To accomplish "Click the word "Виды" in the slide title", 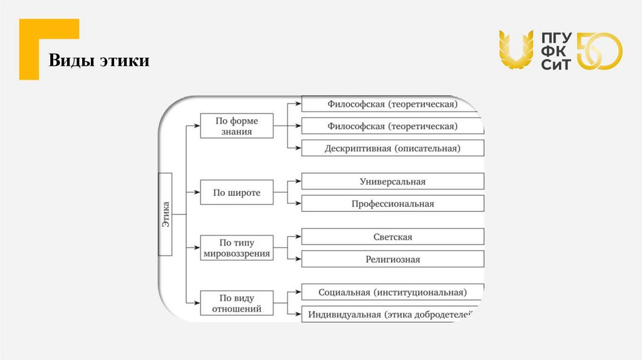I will pos(71,61).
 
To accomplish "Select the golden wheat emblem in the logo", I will pos(515,50).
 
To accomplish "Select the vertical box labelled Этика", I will pos(166,214).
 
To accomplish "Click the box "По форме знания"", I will pos(236,126).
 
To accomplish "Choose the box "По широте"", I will pos(236,193).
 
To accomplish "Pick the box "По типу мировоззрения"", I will pos(236,248).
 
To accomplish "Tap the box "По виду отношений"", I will pos(236,303).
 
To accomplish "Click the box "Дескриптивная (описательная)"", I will pos(392,149).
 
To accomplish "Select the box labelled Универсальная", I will pos(392,182).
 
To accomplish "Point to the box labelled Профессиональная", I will pos(392,204).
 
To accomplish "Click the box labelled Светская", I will pos(392,237).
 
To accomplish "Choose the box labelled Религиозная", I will pos(392,259).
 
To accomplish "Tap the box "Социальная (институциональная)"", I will pos(392,292).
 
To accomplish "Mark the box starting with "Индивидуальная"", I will pos(392,314).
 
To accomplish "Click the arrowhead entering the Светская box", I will pos(298,237).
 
